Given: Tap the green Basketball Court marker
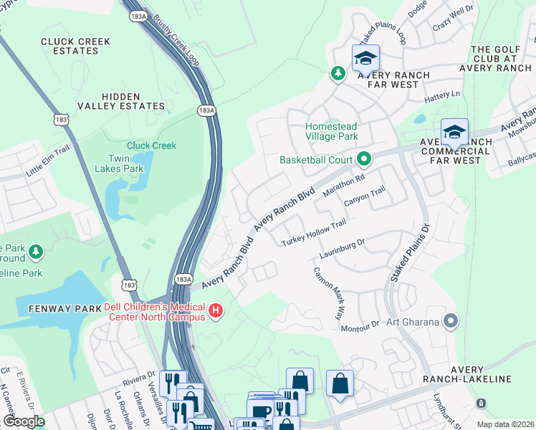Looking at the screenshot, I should [x=364, y=159].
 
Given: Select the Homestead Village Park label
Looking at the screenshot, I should [x=331, y=131].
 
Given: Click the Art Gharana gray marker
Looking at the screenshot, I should [x=450, y=321].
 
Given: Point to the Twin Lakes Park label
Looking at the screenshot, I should [x=120, y=163].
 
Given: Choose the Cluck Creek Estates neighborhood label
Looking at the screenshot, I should [x=76, y=47].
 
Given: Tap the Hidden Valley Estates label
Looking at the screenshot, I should [x=133, y=101].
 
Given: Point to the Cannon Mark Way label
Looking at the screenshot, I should [x=327, y=293].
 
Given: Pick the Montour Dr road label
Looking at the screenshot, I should [x=359, y=325].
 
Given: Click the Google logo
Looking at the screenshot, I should [x=24, y=421].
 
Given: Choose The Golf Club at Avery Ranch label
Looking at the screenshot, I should [x=501, y=59].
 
